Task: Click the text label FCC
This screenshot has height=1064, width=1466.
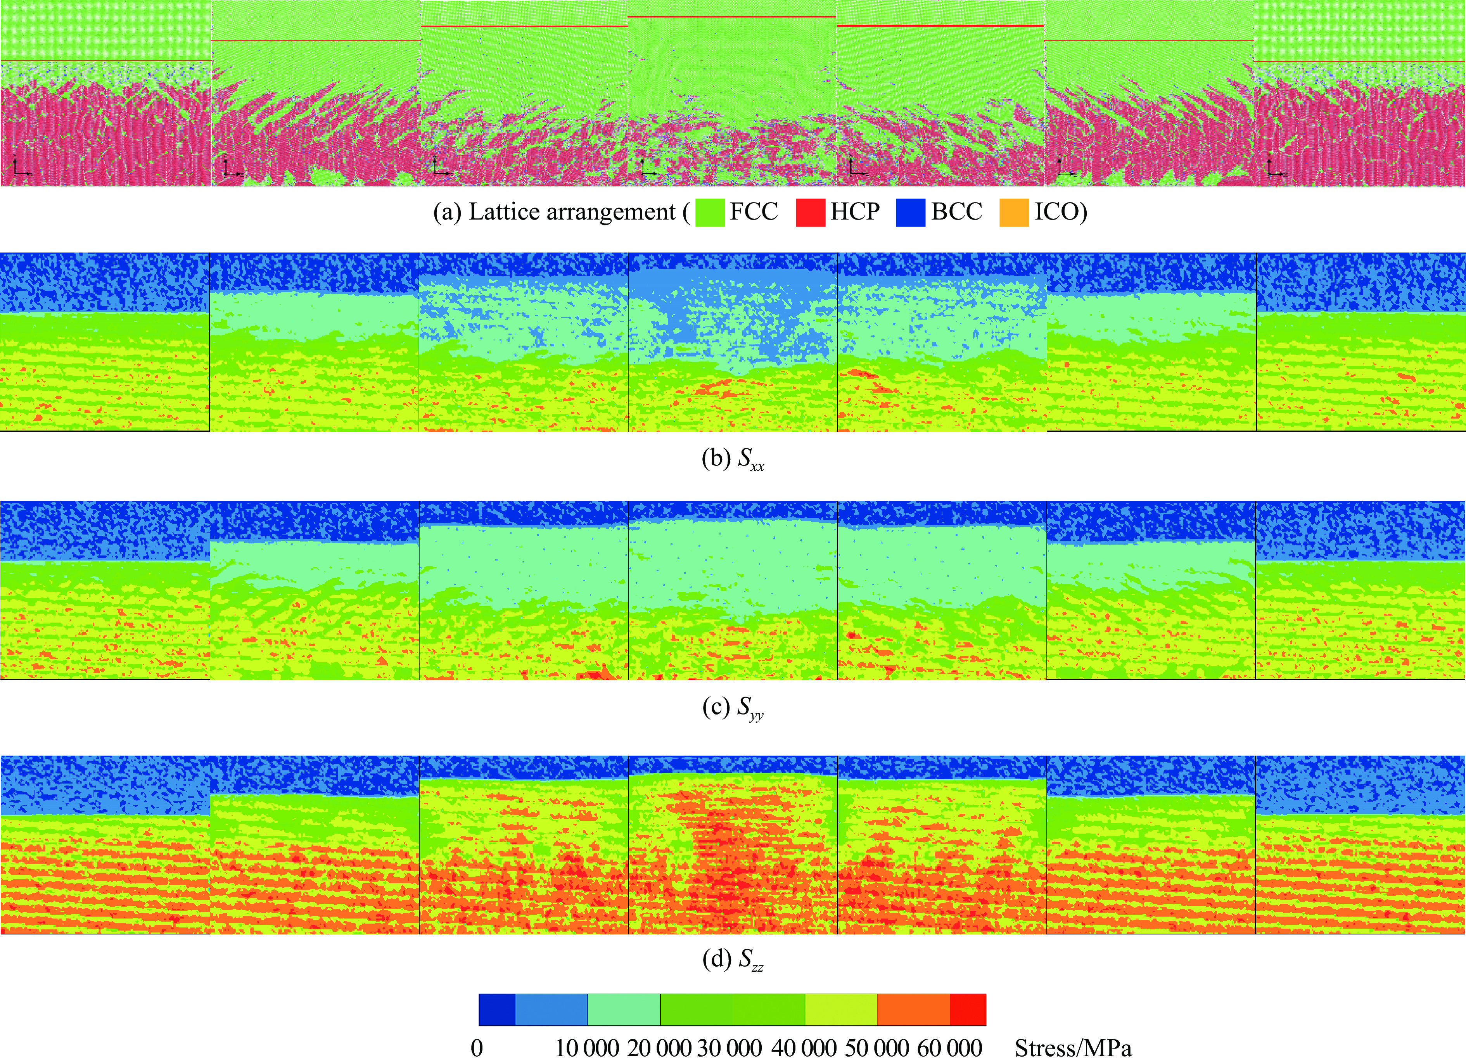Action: [x=754, y=211]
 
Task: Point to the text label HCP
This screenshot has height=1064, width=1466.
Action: [x=854, y=211]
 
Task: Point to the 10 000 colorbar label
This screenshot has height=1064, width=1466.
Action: [x=587, y=1048]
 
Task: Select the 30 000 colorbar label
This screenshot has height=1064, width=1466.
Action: [x=729, y=1048]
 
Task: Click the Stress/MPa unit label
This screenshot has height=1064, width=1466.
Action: [x=1073, y=1048]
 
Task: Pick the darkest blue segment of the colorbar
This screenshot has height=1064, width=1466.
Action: [x=496, y=1010]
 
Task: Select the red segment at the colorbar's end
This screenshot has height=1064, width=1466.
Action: [x=968, y=1010]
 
